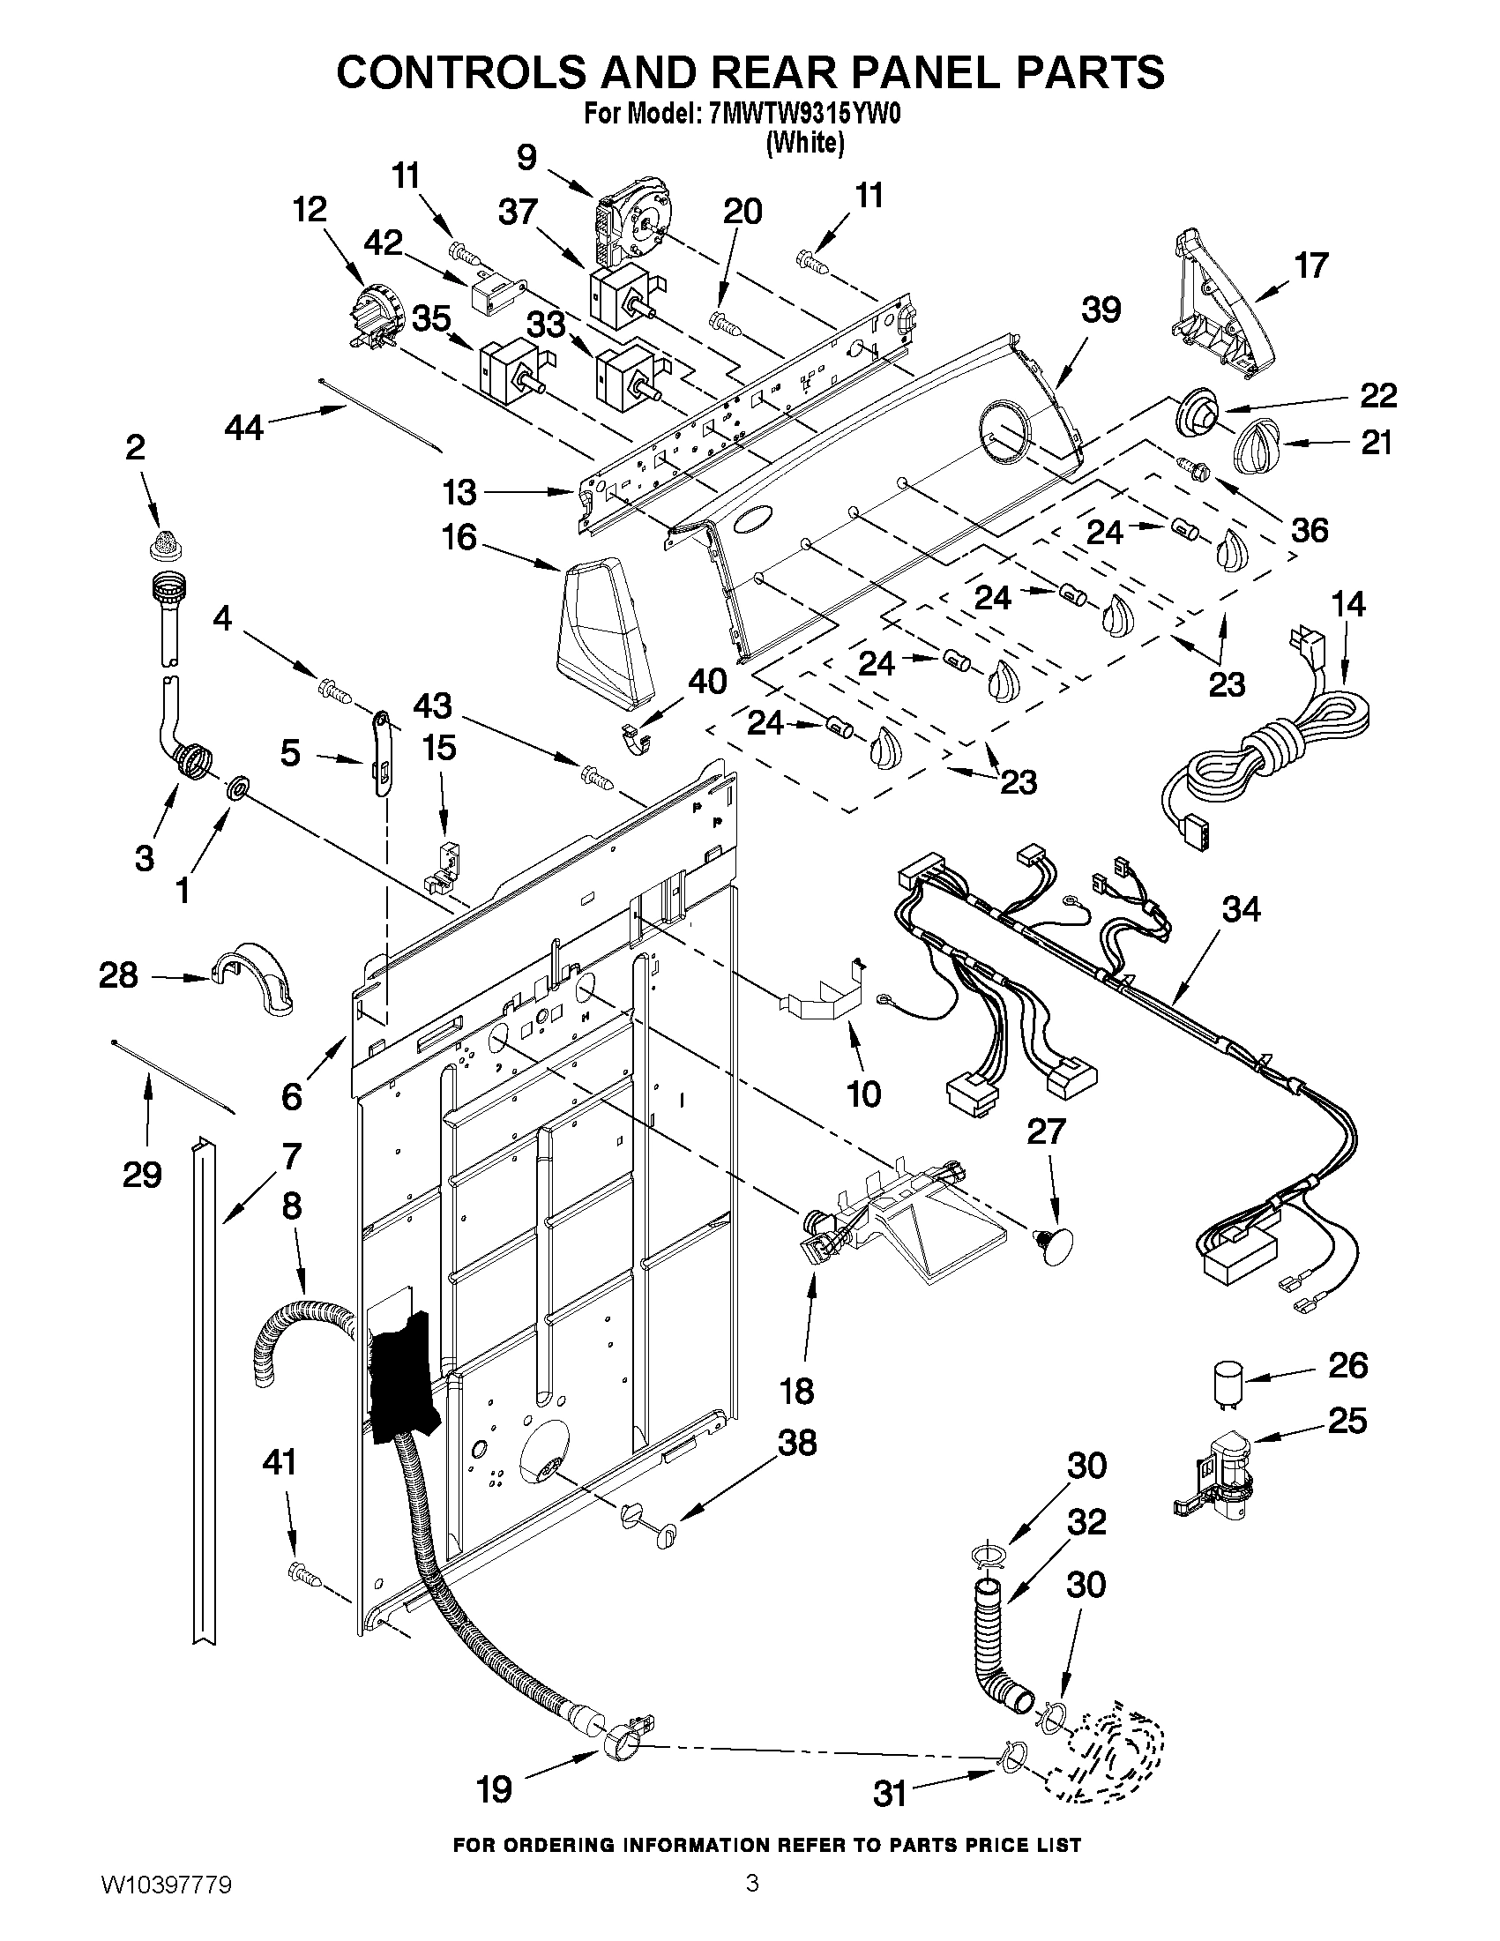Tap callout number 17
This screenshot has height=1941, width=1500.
pyautogui.click(x=1310, y=265)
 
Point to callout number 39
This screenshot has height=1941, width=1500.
pyautogui.click(x=1101, y=310)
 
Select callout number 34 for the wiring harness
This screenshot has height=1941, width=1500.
pyautogui.click(x=1241, y=909)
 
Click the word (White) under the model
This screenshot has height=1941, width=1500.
pyautogui.click(x=804, y=142)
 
